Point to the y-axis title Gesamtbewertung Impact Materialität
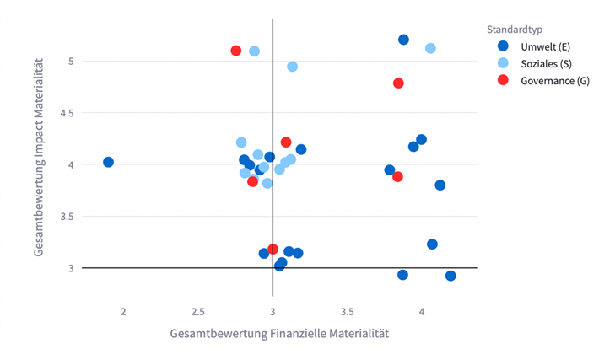[x=40, y=164]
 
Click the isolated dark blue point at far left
[x=108, y=162]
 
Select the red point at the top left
[x=236, y=51]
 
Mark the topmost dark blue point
[x=403, y=40]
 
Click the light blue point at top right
[x=430, y=48]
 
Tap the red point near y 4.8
[x=398, y=83]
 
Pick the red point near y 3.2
[x=273, y=250]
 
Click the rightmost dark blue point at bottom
[x=451, y=276]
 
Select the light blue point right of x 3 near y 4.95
[x=292, y=66]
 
